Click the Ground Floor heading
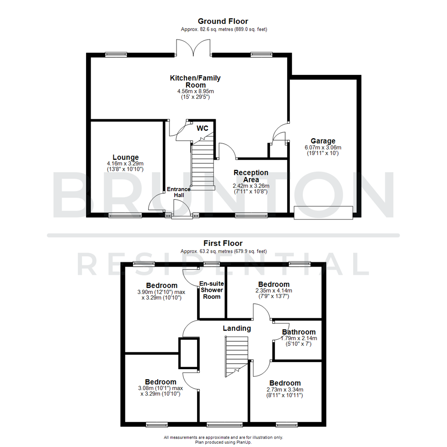point(223,21)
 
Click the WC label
point(202,128)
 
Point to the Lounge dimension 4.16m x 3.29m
point(125,164)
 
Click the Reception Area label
point(251,176)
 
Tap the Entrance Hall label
point(178,192)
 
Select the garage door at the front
point(323,212)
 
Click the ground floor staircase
point(203,166)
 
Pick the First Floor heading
point(223,243)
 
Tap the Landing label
point(237,328)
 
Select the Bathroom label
point(299,332)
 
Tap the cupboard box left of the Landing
point(188,353)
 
